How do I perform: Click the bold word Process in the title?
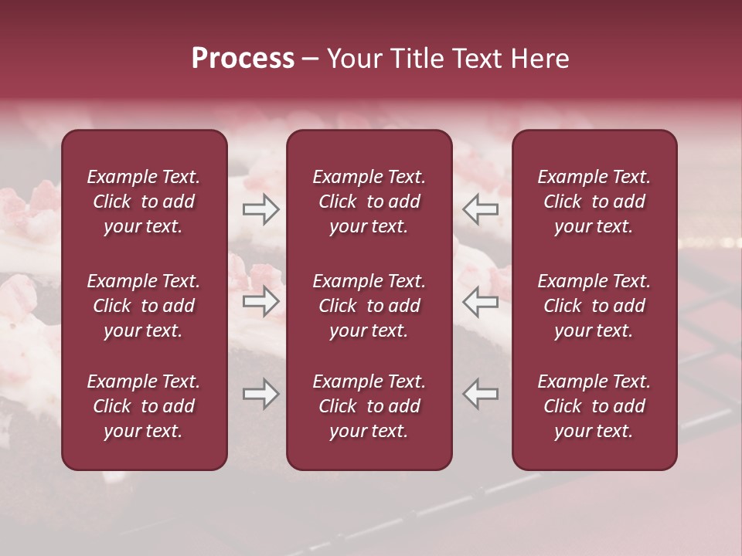(243, 59)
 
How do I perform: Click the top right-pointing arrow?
(260, 209)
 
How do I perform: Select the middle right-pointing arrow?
(260, 303)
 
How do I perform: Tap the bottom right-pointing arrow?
(260, 394)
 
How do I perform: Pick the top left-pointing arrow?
(481, 209)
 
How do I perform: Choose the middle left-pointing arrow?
(481, 303)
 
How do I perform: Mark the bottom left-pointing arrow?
(481, 394)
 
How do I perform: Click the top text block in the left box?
(144, 202)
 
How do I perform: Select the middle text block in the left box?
(144, 306)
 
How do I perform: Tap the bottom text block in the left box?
(144, 406)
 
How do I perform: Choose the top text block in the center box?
(369, 202)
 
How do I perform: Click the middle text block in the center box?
(369, 306)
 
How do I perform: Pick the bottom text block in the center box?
(369, 406)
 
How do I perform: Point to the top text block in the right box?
(594, 202)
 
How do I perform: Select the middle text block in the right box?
(594, 306)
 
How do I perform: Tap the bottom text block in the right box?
(594, 406)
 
